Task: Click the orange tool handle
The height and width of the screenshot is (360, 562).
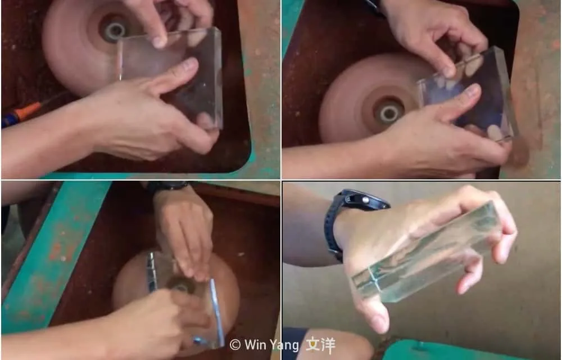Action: pos(28,111)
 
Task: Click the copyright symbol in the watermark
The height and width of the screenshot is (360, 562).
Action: pos(235,345)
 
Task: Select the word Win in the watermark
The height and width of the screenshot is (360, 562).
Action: pos(255,345)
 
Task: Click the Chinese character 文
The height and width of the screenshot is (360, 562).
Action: pos(312,345)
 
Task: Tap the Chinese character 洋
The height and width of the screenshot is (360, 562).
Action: pos(328,345)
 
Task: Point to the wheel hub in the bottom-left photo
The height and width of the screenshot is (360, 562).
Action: pos(182,286)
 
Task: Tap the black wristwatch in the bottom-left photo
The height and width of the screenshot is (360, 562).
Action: pos(167,186)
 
